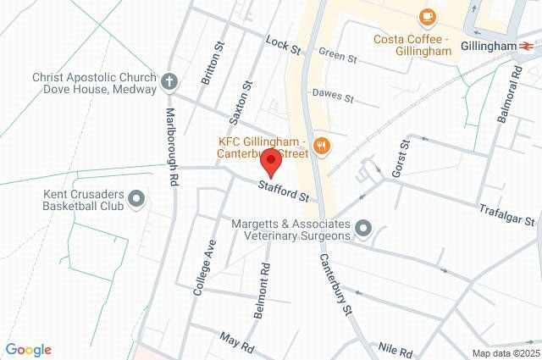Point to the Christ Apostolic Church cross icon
coord(169,82)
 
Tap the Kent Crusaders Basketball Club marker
coord(136,201)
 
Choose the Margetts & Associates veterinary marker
coord(363,228)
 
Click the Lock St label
coord(283,46)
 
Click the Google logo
coord(28,350)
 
